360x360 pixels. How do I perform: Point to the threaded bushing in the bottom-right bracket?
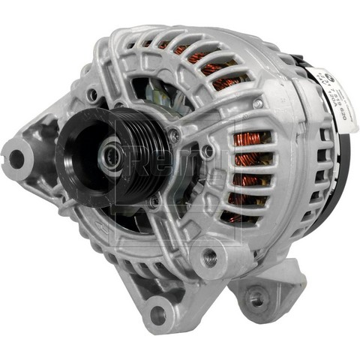coord(257,299)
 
